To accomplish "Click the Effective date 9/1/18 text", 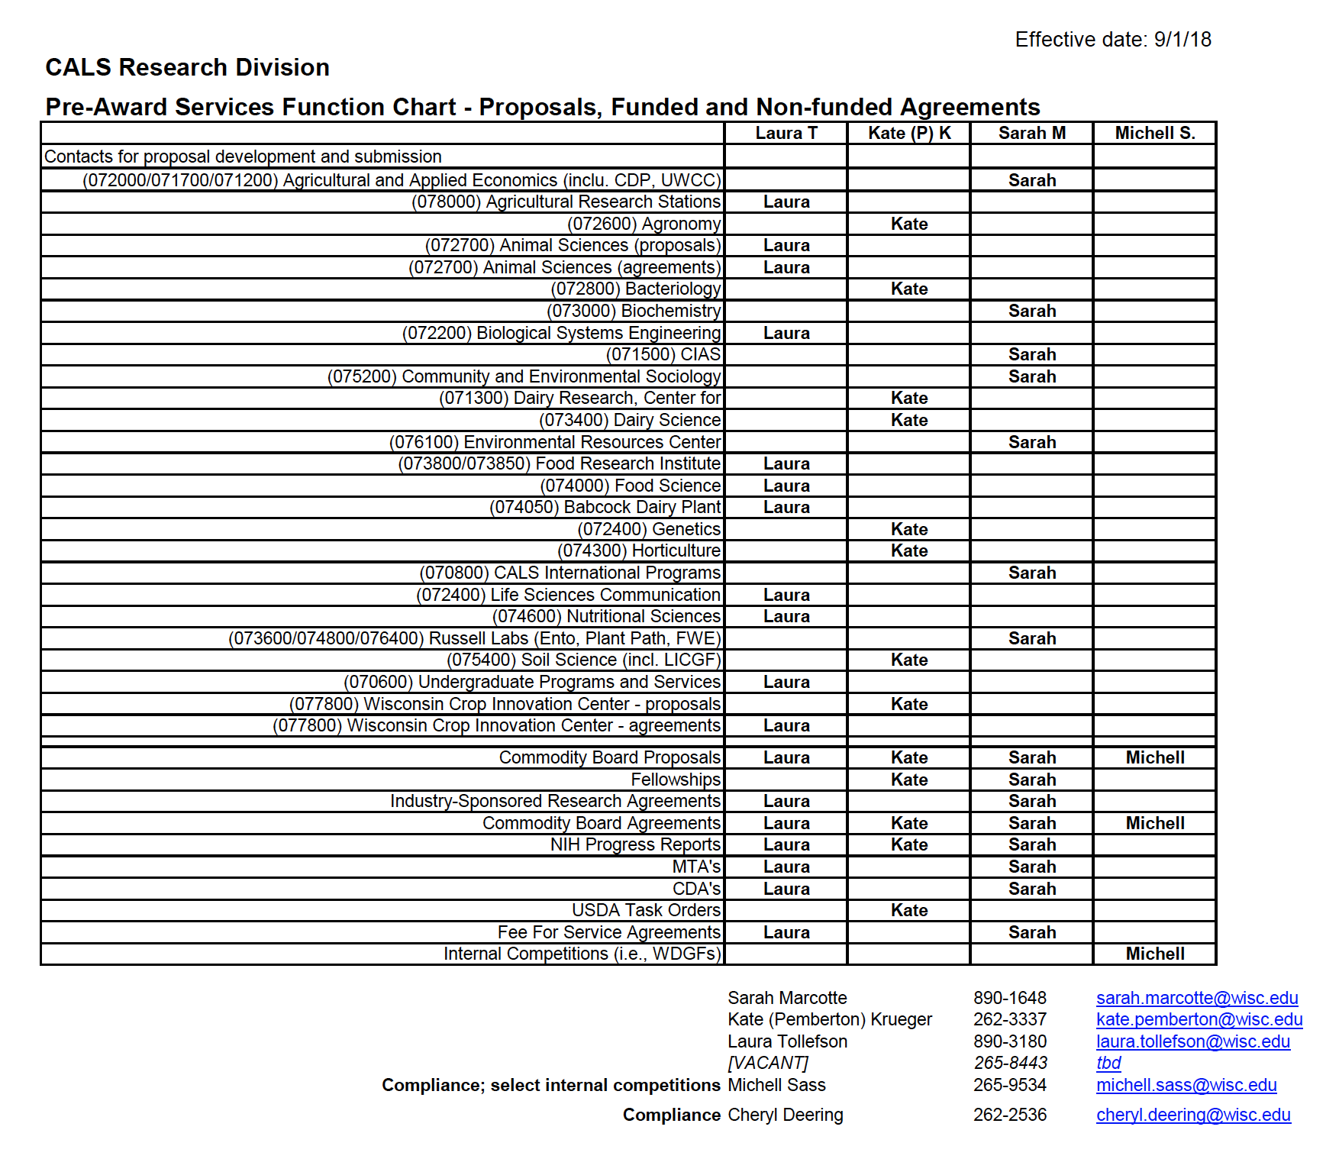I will click(1112, 40).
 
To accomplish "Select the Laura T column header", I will click(786, 133).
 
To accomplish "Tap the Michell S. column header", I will click(1154, 133).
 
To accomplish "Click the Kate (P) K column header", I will click(909, 133).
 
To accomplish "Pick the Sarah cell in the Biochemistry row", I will click(1032, 311).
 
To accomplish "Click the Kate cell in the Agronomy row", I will click(909, 224).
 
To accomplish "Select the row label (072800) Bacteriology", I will click(635, 289).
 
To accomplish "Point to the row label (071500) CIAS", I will click(663, 354).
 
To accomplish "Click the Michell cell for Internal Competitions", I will click(1155, 954).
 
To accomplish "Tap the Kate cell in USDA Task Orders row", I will click(909, 910).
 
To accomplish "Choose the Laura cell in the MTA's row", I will click(786, 867).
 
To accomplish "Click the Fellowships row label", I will click(675, 780).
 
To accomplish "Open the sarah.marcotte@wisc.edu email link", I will click(1197, 998).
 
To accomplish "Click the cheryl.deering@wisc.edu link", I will click(1193, 1115).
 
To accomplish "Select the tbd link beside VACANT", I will click(1108, 1063).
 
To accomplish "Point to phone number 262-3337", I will click(1010, 1019).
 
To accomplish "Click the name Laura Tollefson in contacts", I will click(787, 1041).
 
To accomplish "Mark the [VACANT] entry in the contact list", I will click(767, 1063).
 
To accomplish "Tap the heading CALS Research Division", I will click(187, 67).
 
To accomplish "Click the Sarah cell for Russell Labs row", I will click(1032, 638).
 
